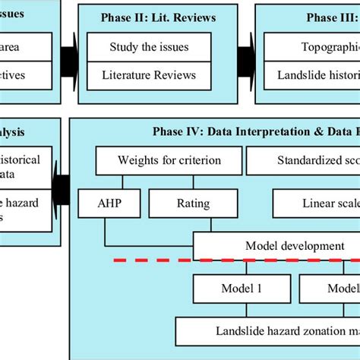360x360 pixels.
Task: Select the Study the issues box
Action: [149, 47]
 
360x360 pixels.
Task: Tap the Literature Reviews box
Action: [149, 75]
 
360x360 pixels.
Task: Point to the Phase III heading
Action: [330, 17]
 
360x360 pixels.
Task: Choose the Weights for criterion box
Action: [169, 160]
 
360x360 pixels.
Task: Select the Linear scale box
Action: [315, 203]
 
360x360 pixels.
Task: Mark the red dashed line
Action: [235, 261]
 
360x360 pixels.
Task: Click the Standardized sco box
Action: [304, 160]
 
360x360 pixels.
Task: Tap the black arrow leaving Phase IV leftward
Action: [61, 190]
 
